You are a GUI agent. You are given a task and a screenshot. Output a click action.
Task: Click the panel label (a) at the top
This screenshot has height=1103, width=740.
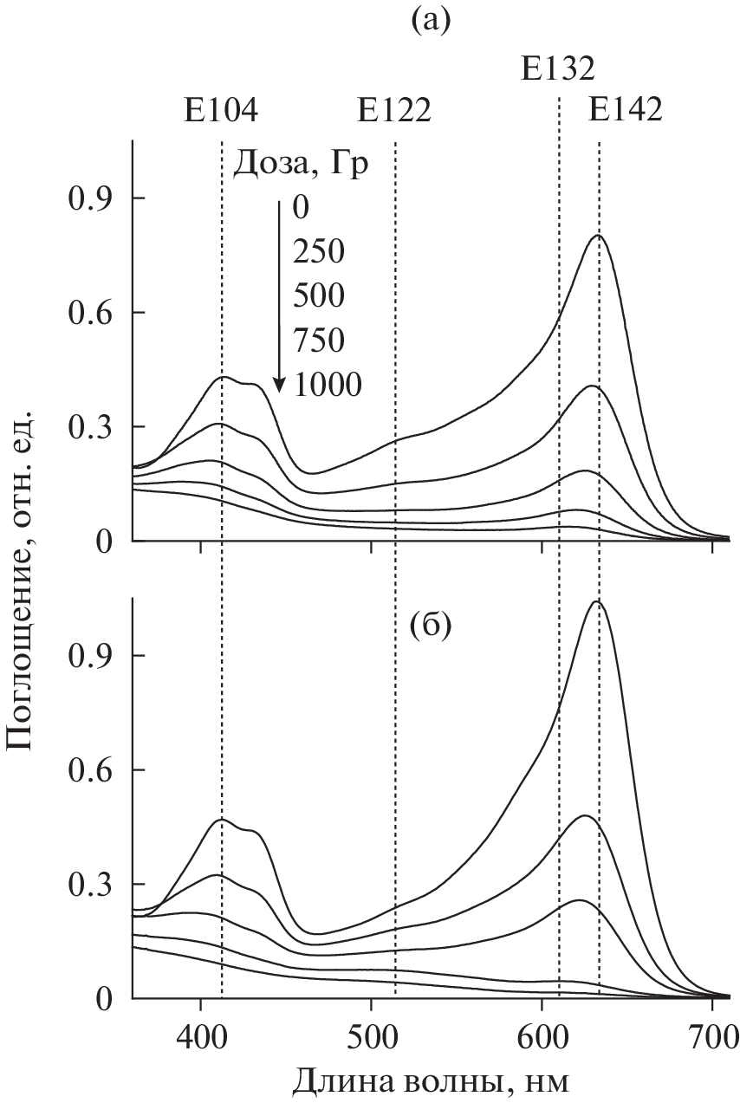click(x=431, y=19)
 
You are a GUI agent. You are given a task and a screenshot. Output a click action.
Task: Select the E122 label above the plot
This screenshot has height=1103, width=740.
click(x=393, y=111)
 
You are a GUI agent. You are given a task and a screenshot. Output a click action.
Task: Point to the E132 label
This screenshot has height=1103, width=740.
click(x=557, y=68)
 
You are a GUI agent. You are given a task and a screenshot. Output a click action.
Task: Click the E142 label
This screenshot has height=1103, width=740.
click(x=626, y=111)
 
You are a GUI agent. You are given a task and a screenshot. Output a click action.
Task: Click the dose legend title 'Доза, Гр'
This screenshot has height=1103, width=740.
click(x=301, y=164)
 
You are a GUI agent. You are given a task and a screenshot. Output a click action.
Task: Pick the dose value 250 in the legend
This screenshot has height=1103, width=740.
click(x=318, y=252)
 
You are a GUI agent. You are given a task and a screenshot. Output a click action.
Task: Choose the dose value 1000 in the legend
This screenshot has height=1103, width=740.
click(x=327, y=383)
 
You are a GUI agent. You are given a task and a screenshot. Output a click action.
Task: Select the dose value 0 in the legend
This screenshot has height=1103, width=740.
click(x=301, y=209)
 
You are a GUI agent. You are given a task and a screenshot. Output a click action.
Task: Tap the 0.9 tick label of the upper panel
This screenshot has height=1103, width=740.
click(x=91, y=198)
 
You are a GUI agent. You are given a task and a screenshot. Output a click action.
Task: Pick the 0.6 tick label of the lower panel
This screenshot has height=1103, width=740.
click(x=91, y=770)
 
